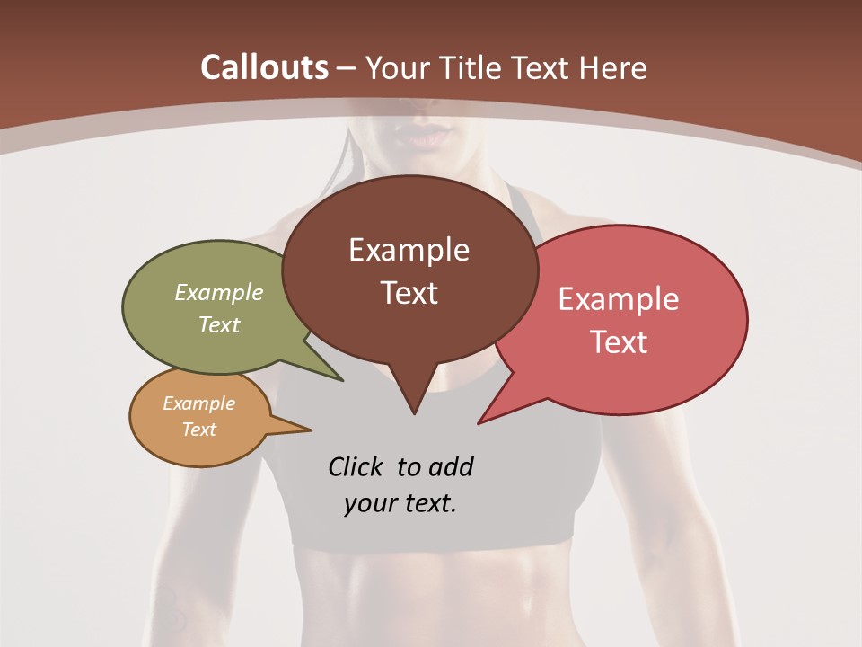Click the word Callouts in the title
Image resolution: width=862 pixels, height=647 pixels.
point(264,67)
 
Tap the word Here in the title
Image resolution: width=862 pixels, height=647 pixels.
point(613,67)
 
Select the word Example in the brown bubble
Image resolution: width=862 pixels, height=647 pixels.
point(409,250)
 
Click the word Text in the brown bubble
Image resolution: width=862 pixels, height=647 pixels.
point(409,293)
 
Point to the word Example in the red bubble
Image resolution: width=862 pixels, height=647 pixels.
point(619,299)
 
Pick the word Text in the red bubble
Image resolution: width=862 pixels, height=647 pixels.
point(619,342)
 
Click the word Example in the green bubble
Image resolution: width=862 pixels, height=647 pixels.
point(219,292)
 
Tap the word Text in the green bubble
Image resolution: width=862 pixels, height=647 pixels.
point(219,324)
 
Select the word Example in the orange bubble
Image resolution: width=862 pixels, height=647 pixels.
point(198,403)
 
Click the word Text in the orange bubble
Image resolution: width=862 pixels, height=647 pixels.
point(198,430)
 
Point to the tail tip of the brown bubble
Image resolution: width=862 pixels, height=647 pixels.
point(414,413)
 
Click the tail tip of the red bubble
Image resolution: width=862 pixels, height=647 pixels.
point(479,422)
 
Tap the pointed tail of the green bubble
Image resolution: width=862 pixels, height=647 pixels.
point(341,380)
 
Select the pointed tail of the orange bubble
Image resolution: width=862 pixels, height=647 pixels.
point(310,430)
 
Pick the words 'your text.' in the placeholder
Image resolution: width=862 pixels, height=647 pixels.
point(400,503)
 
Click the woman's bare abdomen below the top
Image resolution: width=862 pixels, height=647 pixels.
point(431,593)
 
